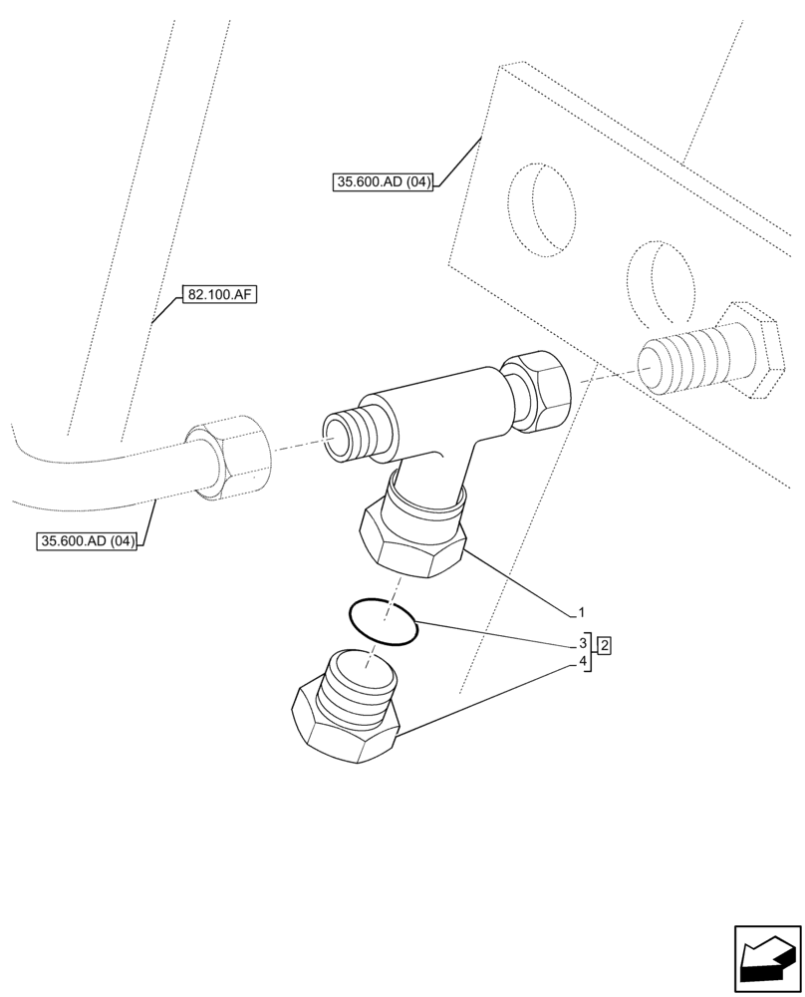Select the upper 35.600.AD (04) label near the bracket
pos(384,181)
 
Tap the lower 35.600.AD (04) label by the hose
pos(86,541)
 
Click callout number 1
pos(582,611)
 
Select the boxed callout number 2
pos(604,645)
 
